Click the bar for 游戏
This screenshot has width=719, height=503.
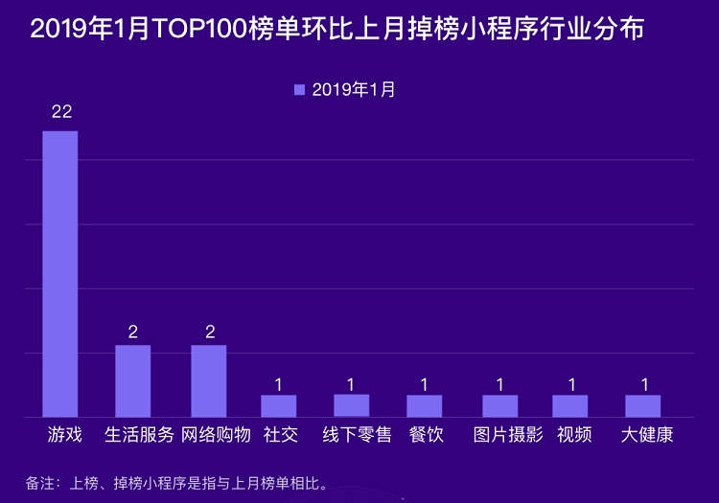coord(59,273)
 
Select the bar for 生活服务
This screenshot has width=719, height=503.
coord(132,380)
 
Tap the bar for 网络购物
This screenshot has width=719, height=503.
coord(208,380)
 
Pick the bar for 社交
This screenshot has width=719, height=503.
coord(278,405)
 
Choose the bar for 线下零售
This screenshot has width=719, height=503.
coord(351,405)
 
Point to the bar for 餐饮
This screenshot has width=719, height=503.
coord(424,405)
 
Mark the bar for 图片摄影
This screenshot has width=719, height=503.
coord(499,405)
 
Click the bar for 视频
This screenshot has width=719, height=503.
coord(569,405)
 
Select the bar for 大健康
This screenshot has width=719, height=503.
coord(642,405)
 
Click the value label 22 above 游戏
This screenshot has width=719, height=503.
coord(61,112)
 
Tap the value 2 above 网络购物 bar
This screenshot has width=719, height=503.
coord(209,332)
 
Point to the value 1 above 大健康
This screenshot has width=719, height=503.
coord(645,384)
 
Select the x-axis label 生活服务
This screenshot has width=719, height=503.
coord(139,435)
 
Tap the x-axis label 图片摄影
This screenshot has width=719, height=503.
coord(508,435)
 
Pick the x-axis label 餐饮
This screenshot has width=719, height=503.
coord(426,435)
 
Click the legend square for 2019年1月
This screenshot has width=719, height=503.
coord(299,90)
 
